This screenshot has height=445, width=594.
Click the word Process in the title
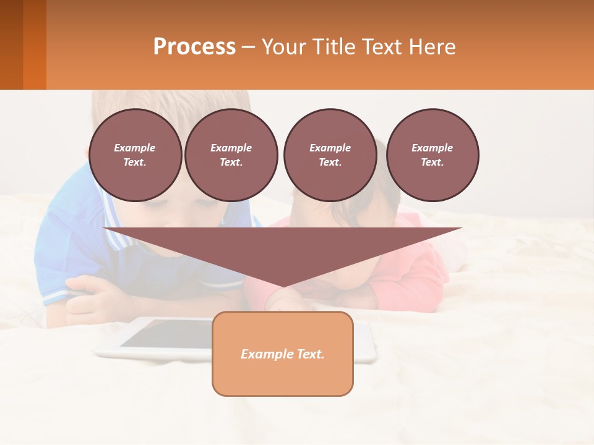point(194,47)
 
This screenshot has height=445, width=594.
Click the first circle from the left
point(135,155)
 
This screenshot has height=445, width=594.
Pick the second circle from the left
point(231,155)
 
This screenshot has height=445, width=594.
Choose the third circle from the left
point(330,155)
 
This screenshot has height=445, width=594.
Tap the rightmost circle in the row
point(433,155)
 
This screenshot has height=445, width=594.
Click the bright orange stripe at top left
point(35,44)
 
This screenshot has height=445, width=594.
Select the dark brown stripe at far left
point(11,44)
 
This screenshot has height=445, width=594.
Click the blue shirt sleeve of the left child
point(62,241)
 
